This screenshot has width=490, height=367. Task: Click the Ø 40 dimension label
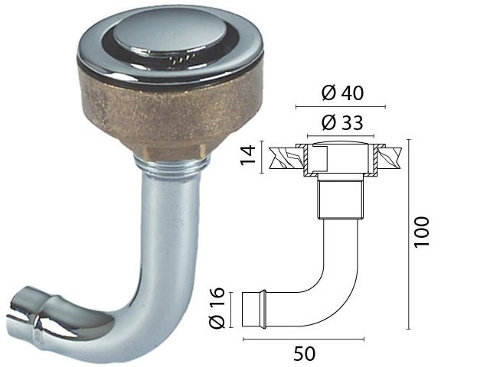tap(342, 93)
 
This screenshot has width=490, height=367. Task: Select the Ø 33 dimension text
tap(342, 122)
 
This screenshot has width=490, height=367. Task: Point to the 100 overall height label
tap(422, 232)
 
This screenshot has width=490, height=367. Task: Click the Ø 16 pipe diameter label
tap(217, 308)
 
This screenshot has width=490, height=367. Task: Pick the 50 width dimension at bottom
tap(305, 353)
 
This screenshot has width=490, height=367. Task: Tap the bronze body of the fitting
tap(170, 115)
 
